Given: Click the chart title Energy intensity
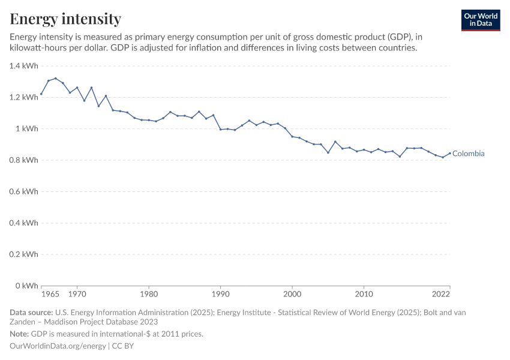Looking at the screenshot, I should [65, 19].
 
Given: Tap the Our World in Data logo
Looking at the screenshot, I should [480, 20].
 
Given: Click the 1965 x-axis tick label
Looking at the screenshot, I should [50, 294].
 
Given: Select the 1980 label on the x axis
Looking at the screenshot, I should [149, 294].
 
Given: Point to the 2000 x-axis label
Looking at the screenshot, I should [292, 294].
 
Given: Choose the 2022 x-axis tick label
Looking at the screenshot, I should [441, 294].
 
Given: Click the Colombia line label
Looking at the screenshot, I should [468, 154].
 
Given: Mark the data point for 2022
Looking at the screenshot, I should [450, 153].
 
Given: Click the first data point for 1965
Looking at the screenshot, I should [41, 94].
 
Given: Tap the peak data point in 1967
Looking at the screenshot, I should [56, 79].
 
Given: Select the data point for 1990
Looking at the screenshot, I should [220, 130].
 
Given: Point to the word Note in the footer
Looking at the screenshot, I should [19, 334].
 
